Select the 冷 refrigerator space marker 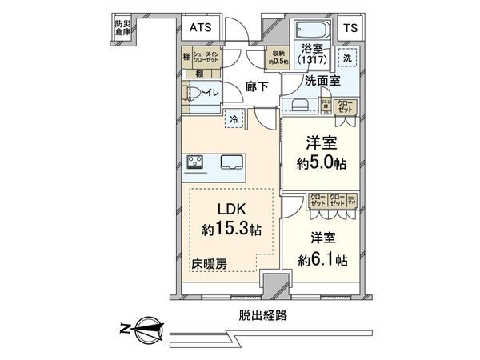pos(234,118)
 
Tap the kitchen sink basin pos(233,161)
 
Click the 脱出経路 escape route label pos(261,315)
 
